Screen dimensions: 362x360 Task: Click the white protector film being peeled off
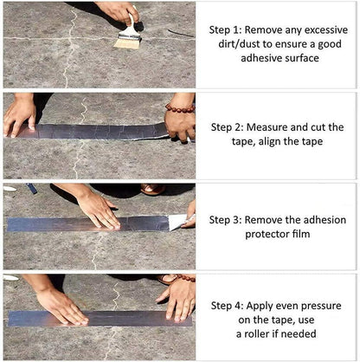[x=180, y=222]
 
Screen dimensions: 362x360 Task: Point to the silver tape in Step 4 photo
[x=112, y=318]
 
